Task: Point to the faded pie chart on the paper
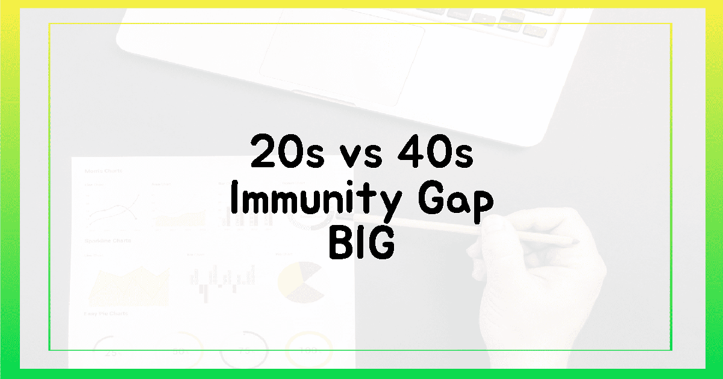click(302, 282)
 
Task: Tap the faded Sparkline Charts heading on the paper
click(108, 241)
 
